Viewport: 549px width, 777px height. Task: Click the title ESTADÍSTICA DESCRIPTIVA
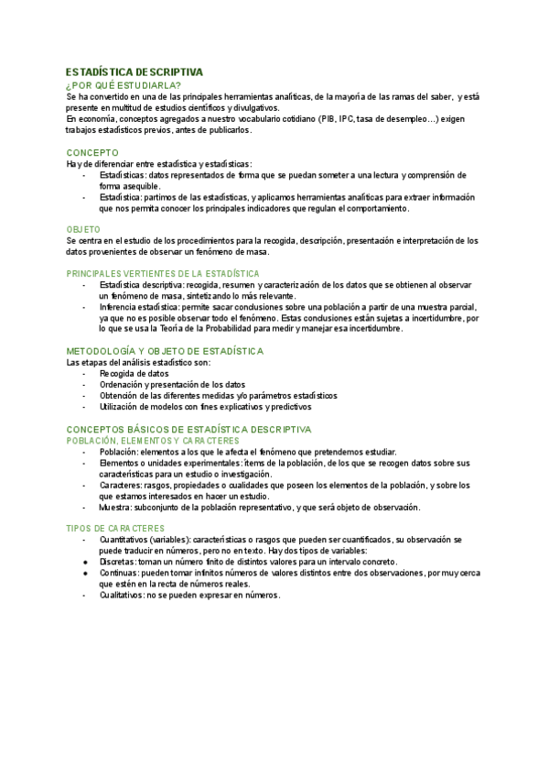coord(135,71)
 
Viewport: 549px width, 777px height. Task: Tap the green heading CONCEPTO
coord(92,152)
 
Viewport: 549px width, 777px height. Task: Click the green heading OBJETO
coord(83,228)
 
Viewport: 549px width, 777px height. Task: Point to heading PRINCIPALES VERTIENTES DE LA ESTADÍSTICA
coord(163,273)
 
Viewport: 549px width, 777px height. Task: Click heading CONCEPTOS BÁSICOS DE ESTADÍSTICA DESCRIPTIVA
coord(188,429)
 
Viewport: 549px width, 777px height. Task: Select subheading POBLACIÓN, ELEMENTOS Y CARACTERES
coord(153,440)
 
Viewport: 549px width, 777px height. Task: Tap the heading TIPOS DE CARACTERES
coord(115,529)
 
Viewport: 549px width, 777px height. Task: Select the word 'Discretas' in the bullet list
coord(117,562)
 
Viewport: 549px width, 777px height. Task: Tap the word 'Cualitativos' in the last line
coord(123,595)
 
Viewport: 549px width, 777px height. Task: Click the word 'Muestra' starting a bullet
coord(115,507)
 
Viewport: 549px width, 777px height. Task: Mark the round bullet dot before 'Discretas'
coord(85,562)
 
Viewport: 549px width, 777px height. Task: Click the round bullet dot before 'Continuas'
coord(85,573)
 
